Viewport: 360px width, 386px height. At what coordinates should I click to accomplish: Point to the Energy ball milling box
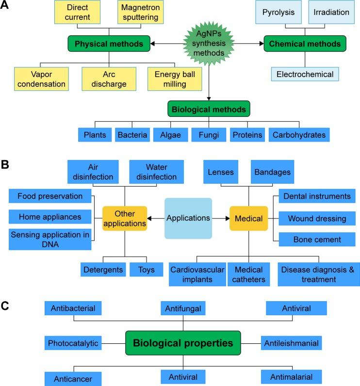pos(174,79)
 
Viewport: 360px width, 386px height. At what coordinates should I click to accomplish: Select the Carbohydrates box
pos(299,135)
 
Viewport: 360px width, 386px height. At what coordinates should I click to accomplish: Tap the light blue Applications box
pos(188,218)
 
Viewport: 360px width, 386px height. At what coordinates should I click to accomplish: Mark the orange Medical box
pos(249,218)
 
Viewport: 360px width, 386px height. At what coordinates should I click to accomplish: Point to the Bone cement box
pos(317,240)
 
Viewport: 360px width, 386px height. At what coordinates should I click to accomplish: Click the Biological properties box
pos(183,343)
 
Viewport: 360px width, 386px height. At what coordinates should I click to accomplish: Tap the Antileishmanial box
pos(291,343)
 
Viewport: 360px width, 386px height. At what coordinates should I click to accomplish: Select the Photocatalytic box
pos(73,343)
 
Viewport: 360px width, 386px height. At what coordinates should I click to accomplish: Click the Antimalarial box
pos(291,376)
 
